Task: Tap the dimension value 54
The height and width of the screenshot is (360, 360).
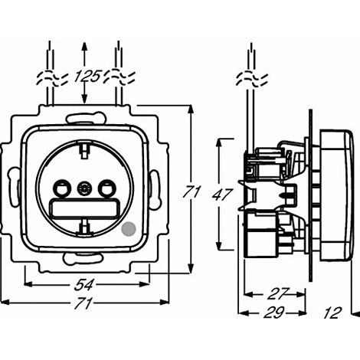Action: [84, 284]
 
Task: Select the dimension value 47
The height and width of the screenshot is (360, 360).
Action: [222, 195]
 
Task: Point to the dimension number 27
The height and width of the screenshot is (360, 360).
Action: [278, 293]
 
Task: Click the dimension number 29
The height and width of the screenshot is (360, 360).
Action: [274, 312]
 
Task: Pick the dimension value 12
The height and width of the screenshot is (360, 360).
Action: [332, 313]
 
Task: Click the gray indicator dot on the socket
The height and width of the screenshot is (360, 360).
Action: [129, 228]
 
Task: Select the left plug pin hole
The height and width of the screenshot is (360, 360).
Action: [61, 188]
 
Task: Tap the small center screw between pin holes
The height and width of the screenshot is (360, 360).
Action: [84, 188]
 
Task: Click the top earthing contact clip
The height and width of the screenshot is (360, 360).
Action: [84, 151]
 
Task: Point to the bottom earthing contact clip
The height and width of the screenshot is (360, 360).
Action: [84, 226]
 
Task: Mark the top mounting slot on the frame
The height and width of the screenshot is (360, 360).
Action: [86, 118]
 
